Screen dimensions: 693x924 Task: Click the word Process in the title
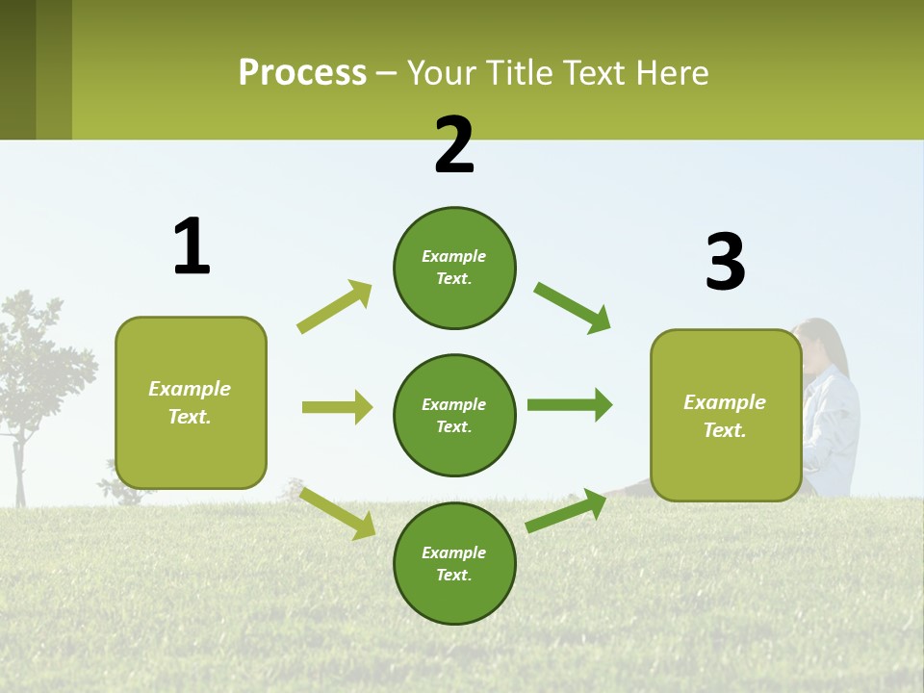(x=302, y=73)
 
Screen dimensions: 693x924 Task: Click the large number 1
(x=192, y=246)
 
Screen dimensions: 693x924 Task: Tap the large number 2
(x=454, y=145)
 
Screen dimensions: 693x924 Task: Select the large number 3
(x=725, y=263)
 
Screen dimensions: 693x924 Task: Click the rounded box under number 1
(x=191, y=402)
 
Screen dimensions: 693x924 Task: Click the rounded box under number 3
(x=726, y=416)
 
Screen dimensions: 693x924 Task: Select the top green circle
(x=454, y=268)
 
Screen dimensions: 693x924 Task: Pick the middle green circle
(x=454, y=416)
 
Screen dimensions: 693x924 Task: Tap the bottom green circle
(x=454, y=564)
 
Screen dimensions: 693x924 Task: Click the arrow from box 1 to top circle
(x=334, y=307)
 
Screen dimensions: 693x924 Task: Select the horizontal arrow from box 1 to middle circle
(x=337, y=407)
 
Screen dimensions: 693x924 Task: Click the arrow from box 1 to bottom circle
(x=337, y=513)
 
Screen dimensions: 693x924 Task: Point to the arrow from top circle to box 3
(x=572, y=307)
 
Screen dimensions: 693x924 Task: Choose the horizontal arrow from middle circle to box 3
(x=569, y=405)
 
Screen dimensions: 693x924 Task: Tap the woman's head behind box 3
(x=824, y=346)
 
